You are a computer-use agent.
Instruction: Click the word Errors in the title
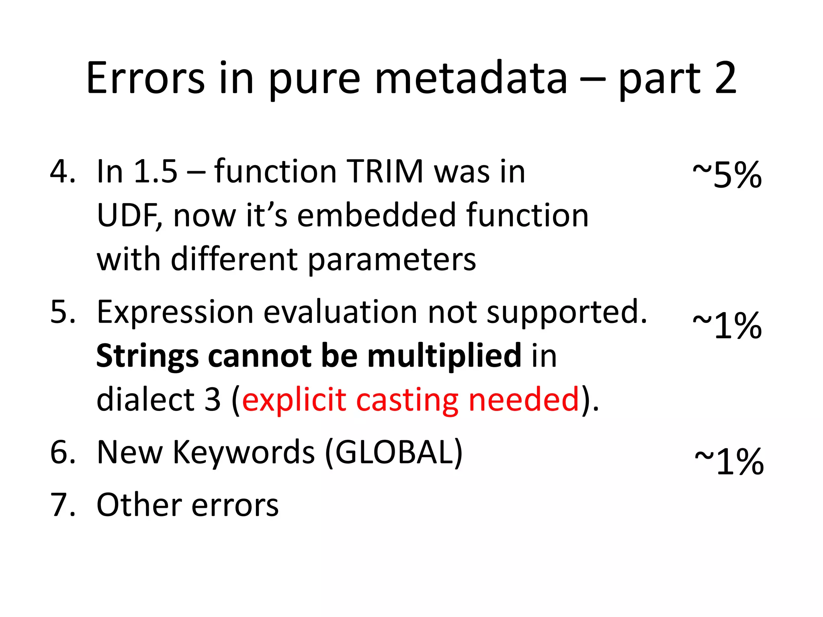tap(145, 78)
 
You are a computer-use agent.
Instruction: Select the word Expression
tap(175, 313)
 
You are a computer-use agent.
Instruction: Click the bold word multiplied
tap(444, 357)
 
